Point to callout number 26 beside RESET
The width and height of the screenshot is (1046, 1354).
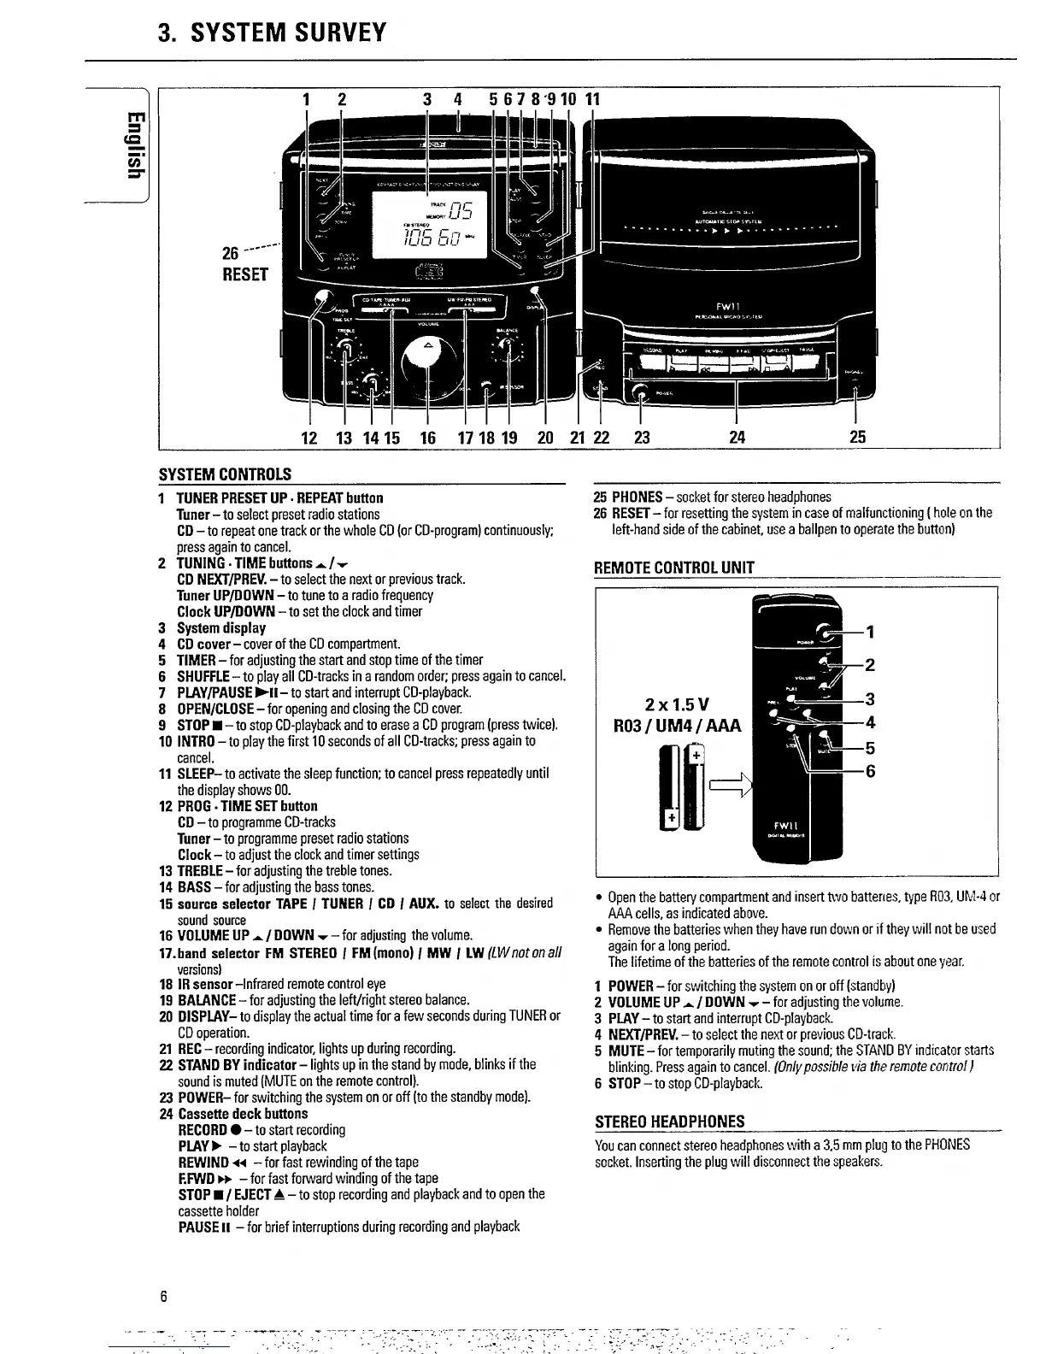231,253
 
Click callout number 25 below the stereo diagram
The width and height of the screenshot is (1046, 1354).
858,438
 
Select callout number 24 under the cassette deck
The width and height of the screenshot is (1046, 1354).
737,438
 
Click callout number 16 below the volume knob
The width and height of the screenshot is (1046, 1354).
427,438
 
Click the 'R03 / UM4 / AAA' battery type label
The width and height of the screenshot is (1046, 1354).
680,727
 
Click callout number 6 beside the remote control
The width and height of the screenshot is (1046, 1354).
870,771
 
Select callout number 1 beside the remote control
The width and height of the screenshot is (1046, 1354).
870,633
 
